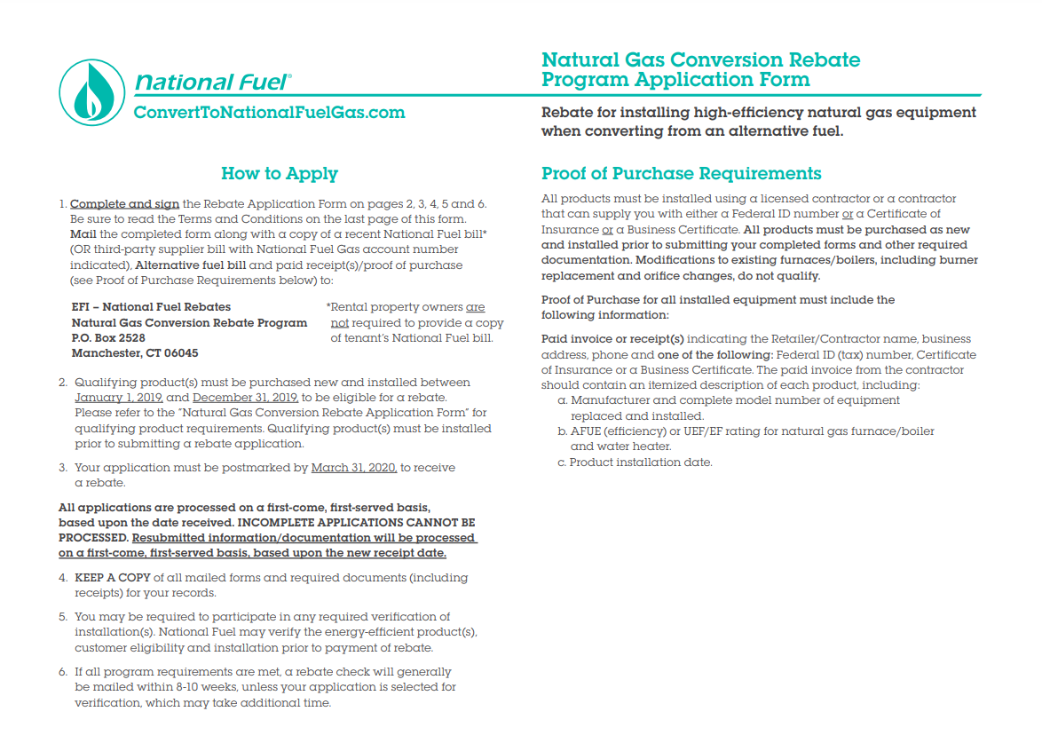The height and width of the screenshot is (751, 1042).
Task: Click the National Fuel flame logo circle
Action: click(x=92, y=92)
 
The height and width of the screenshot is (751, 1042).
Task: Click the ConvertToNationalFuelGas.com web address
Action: click(x=269, y=113)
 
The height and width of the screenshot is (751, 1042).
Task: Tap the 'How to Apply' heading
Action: click(x=280, y=174)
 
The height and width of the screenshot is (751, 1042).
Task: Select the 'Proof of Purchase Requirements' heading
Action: click(x=682, y=174)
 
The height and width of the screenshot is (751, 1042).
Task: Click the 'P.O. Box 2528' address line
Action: click(x=108, y=338)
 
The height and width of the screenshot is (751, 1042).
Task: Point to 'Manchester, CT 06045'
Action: click(x=134, y=353)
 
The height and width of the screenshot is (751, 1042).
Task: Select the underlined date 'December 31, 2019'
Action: click(x=246, y=398)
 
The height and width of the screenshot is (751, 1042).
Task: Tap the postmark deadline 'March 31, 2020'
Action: click(x=354, y=468)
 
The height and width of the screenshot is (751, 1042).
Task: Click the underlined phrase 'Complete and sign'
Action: click(x=124, y=204)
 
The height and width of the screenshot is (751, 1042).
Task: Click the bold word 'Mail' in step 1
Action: click(x=83, y=235)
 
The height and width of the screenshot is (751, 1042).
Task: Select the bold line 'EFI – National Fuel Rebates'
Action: click(x=151, y=307)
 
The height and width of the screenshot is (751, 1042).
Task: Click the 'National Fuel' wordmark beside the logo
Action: click(x=211, y=83)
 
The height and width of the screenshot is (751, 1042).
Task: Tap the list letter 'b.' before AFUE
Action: click(x=563, y=431)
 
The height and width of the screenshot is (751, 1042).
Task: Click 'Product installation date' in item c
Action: click(x=641, y=462)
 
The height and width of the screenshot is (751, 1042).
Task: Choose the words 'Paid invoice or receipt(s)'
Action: click(x=612, y=339)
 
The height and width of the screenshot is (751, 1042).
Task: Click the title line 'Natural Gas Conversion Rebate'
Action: click(x=701, y=60)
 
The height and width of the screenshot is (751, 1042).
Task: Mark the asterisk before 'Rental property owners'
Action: click(x=328, y=306)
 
